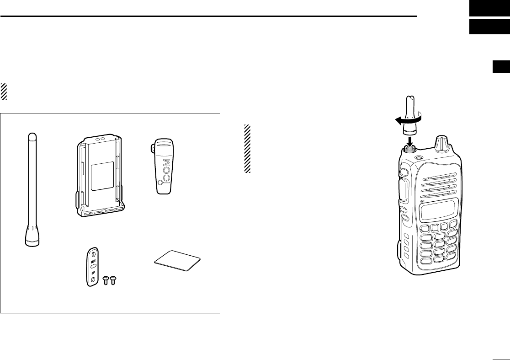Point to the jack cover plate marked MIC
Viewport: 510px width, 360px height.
coord(93,267)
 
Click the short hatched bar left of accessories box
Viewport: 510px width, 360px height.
coord(4,92)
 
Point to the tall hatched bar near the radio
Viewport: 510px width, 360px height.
coord(248,149)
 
